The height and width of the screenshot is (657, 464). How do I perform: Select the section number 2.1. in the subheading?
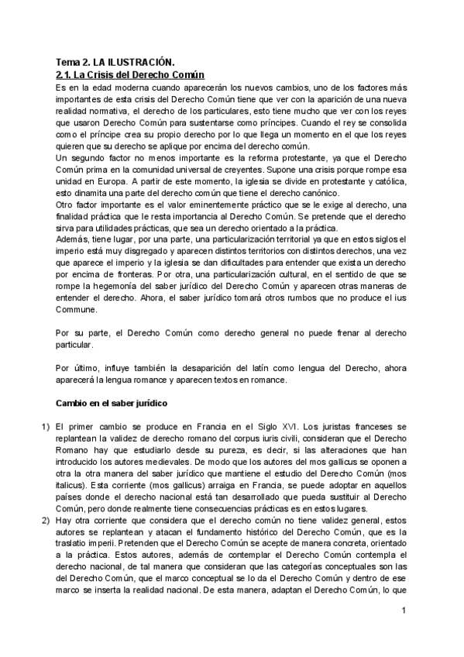point(66,74)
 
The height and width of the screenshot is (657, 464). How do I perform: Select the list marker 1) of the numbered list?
point(45,426)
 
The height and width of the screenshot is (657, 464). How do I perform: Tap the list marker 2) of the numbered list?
point(45,524)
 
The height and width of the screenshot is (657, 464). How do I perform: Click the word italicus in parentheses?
point(74,485)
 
